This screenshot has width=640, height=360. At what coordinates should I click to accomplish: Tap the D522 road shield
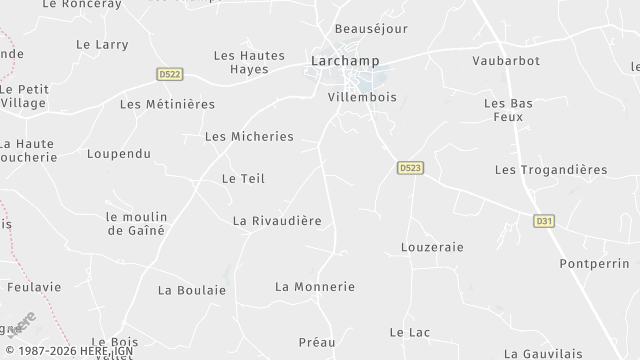coord(170,74)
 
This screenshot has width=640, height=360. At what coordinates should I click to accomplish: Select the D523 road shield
coord(407,168)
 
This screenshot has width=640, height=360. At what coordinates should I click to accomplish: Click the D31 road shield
coord(544,221)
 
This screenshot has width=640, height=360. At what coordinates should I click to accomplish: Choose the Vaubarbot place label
coord(506,61)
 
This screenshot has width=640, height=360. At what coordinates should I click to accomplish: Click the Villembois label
coord(362,98)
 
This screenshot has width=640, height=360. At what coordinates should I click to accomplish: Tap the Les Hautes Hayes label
coord(250,62)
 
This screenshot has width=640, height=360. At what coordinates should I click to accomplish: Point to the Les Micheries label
coord(249,136)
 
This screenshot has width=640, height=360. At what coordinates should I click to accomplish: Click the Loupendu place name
coord(118,154)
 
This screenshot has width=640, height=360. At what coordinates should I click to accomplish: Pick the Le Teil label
coord(243,179)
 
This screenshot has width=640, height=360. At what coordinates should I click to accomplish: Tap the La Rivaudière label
coord(277,220)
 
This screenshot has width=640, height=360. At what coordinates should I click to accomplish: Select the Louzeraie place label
coord(432,246)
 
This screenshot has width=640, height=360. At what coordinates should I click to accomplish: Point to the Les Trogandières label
coord(551,170)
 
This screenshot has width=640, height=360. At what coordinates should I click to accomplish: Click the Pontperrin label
coord(592,263)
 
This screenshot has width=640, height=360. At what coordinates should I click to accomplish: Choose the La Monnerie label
coord(315,286)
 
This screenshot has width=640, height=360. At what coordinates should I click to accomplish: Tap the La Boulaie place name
coord(192,290)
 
